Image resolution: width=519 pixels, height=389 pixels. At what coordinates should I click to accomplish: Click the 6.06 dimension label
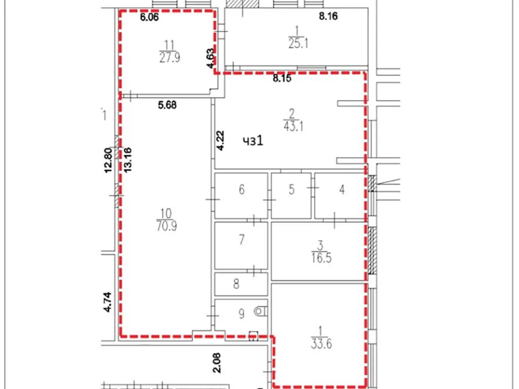pyautogui.click(x=150, y=17)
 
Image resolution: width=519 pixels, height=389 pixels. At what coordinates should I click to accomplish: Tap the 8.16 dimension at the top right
pyautogui.click(x=328, y=16)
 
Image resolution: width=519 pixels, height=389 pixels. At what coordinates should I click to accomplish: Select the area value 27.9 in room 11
pyautogui.click(x=169, y=58)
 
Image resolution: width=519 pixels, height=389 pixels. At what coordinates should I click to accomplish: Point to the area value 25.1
pyautogui.click(x=298, y=44)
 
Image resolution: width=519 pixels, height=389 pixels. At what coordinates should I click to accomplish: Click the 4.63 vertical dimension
pyautogui.click(x=210, y=59)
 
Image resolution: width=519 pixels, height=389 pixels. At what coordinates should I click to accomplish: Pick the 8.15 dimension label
pyautogui.click(x=282, y=79)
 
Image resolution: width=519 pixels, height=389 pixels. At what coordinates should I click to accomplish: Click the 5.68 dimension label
pyautogui.click(x=167, y=105)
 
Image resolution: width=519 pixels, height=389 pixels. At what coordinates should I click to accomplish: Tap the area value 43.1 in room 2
pyautogui.click(x=293, y=126)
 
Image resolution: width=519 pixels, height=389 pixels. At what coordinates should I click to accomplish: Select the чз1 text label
pyautogui.click(x=253, y=141)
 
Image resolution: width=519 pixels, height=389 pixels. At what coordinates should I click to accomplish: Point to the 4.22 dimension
pyautogui.click(x=220, y=141)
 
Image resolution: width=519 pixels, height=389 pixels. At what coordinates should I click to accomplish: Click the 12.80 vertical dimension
pyautogui.click(x=108, y=161)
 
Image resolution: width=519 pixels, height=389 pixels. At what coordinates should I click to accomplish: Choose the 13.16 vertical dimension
pyautogui.click(x=128, y=160)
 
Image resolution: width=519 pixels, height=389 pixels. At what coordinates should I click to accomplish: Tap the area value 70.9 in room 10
pyautogui.click(x=166, y=226)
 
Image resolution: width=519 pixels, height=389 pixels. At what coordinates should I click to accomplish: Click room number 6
pyautogui.click(x=242, y=189)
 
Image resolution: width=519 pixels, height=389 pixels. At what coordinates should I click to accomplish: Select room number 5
pyautogui.click(x=291, y=189)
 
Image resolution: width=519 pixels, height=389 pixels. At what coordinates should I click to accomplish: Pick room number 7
pyautogui.click(x=242, y=239)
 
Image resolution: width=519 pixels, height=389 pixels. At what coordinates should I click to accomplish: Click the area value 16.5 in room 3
pyautogui.click(x=321, y=258)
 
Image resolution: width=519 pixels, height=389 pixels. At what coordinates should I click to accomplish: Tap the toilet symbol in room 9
pyautogui.click(x=261, y=312)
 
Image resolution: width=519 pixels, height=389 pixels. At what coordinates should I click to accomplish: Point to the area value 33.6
pyautogui.click(x=321, y=344)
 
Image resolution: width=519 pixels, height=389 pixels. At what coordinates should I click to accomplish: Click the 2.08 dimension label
pyautogui.click(x=217, y=363)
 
